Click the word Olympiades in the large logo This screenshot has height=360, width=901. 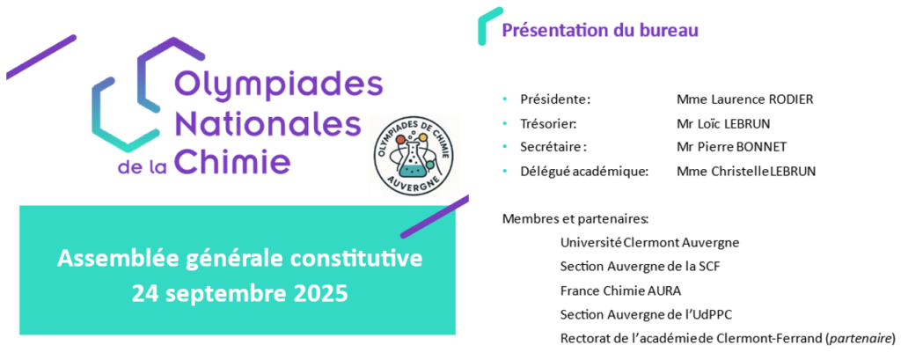tap(277, 87)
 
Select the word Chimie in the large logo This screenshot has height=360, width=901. tap(233, 160)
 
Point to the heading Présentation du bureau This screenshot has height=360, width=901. tap(600, 31)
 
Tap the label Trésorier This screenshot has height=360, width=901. tap(548, 123)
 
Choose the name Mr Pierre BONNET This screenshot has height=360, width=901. tap(731, 148)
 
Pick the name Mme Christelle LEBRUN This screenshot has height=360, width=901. tap(746, 172)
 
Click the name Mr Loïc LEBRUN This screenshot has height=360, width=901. tap(723, 123)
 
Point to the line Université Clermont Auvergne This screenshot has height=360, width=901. tap(650, 243)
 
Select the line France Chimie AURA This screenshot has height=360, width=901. tap(620, 291)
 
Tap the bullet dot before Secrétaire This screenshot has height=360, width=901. tap(505, 148)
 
